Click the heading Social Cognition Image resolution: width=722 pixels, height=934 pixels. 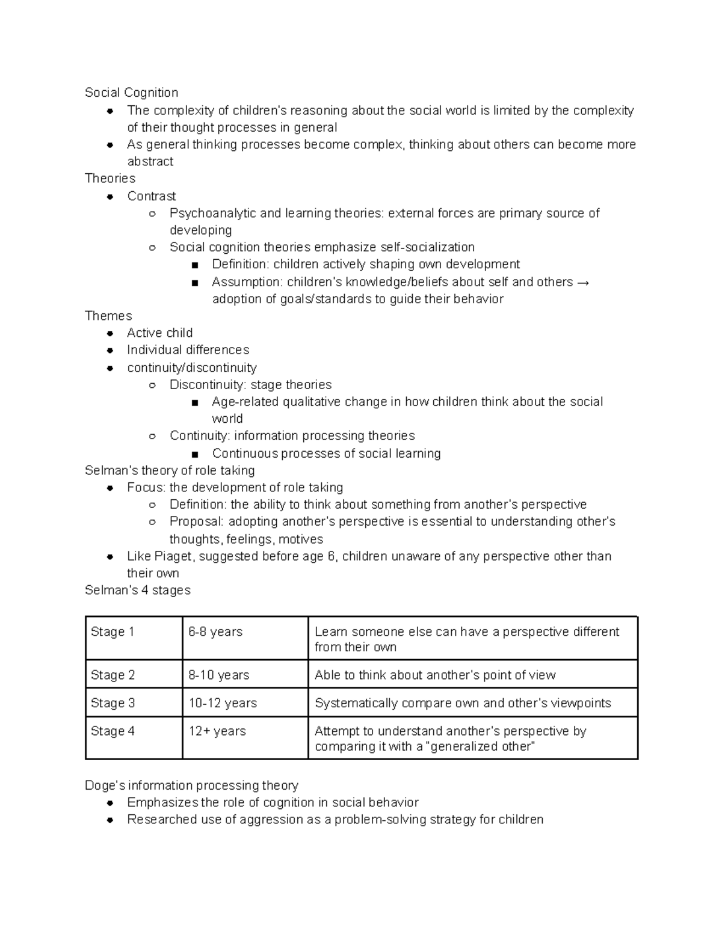click(x=131, y=93)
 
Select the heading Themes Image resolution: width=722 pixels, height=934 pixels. click(x=108, y=316)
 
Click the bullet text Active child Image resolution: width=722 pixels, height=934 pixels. click(x=159, y=333)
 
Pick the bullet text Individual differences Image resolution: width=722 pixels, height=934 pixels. click(x=188, y=350)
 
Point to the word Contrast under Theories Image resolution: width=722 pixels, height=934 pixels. click(x=152, y=196)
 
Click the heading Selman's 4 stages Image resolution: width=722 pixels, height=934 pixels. click(x=137, y=591)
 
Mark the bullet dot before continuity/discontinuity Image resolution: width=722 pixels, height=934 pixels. click(x=110, y=368)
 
